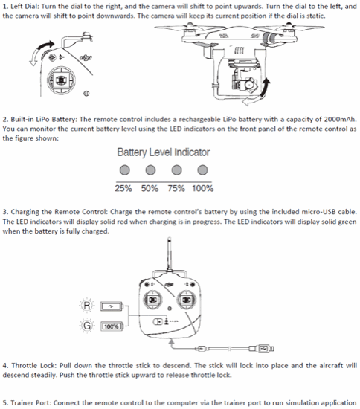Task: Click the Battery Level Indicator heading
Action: pos(164,152)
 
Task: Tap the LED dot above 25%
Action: pos(124,170)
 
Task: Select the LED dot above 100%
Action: pos(202,170)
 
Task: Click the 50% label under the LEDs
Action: pos(150,188)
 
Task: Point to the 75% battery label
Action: pos(176,188)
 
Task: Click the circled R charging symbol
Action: pos(87,305)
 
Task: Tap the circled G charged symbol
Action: pos(87,326)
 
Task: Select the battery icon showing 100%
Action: pos(112,326)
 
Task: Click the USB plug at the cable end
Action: pos(264,348)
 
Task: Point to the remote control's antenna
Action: pos(170,254)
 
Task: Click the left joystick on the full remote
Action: pos(152,300)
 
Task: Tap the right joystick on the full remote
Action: pos(186,300)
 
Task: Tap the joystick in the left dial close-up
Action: pos(61,80)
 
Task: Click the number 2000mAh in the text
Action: pos(340,119)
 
